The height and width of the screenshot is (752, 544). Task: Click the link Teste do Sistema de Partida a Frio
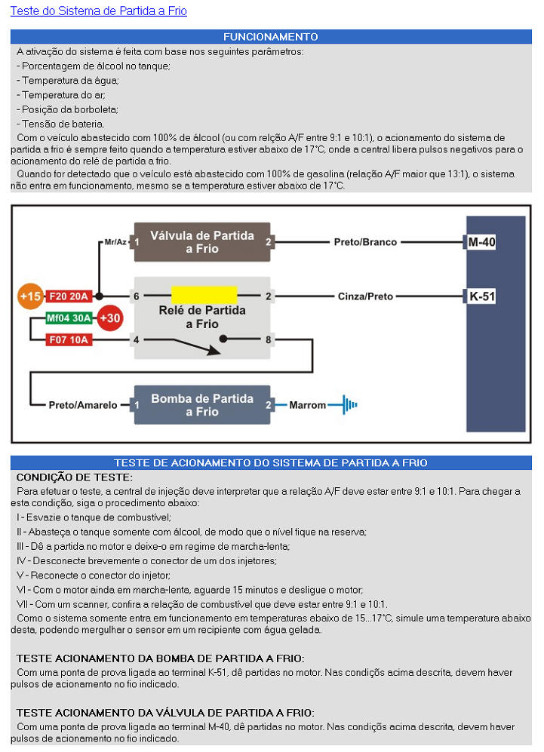[x=98, y=11]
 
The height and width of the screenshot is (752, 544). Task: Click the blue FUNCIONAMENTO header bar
[x=271, y=37]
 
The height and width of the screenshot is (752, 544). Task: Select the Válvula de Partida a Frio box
[x=201, y=242]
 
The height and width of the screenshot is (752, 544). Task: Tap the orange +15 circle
[x=30, y=296]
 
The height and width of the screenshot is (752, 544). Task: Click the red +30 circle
[x=110, y=318]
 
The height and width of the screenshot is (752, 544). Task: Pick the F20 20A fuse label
[x=69, y=296]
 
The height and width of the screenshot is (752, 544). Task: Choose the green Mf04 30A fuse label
[x=69, y=318]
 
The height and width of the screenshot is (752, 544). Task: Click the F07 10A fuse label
[x=69, y=340]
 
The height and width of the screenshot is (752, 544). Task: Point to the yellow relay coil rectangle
[x=204, y=294]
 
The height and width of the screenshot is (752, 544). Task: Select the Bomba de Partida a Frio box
[x=201, y=405]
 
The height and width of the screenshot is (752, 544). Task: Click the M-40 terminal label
[x=481, y=242]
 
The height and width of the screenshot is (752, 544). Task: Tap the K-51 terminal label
[x=481, y=296]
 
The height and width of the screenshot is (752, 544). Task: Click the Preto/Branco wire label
[x=365, y=242]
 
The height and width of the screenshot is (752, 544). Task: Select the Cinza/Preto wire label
[x=365, y=296]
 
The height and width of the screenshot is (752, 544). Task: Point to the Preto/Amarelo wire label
[x=83, y=405]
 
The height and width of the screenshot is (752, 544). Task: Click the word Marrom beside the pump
[x=308, y=405]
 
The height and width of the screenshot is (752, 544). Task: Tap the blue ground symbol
[x=347, y=405]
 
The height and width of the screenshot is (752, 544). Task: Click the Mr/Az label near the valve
[x=115, y=242]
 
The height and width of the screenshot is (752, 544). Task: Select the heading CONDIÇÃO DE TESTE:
[x=74, y=477]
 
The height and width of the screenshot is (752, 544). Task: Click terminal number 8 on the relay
[x=269, y=340]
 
